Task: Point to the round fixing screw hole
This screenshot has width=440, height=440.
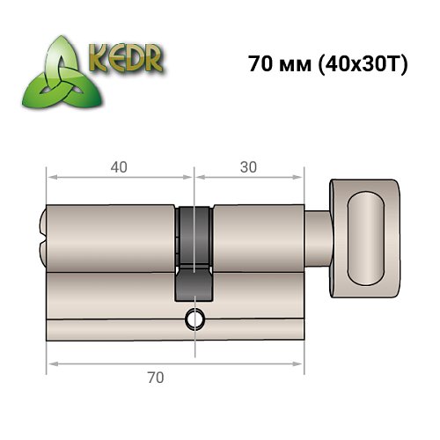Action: click(x=194, y=320)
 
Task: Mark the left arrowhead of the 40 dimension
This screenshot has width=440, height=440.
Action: click(x=50, y=177)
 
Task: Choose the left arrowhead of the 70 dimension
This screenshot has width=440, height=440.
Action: click(x=50, y=363)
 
